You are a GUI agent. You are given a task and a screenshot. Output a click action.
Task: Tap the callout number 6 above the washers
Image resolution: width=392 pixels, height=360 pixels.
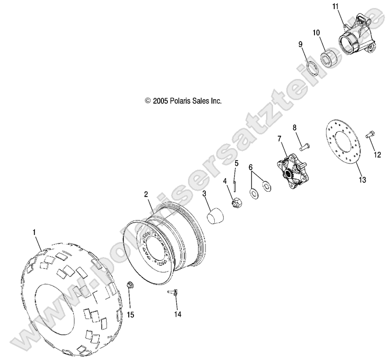click(251, 167)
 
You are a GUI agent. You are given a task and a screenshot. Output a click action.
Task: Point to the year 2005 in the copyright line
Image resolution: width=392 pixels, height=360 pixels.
click(160, 101)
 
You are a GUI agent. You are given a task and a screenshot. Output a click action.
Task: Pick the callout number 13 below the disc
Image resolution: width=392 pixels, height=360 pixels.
click(362, 180)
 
